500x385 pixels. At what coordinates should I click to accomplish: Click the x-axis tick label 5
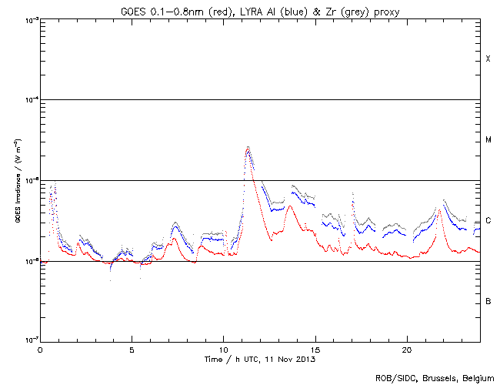[x=132, y=349]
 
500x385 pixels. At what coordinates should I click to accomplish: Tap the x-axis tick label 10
[x=223, y=349]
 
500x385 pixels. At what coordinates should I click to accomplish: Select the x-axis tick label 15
[x=315, y=349]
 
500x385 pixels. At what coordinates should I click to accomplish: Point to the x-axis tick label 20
[x=406, y=349]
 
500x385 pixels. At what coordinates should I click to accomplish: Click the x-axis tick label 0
[x=40, y=349]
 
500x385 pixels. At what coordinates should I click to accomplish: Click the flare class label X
[x=488, y=59]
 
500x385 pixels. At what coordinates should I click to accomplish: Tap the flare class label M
[x=488, y=140]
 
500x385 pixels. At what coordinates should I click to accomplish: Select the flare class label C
[x=488, y=221]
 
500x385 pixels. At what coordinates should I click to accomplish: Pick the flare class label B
[x=488, y=301]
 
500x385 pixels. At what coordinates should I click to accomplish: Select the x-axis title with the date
[x=260, y=359]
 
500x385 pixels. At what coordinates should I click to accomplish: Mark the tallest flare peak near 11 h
[x=248, y=147]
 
